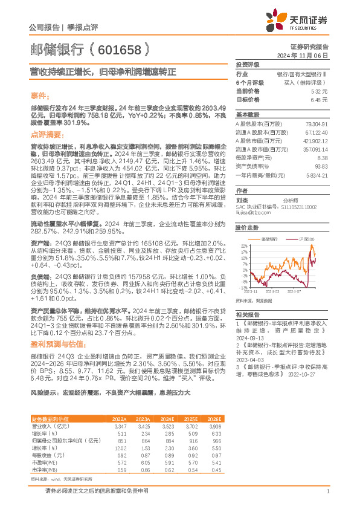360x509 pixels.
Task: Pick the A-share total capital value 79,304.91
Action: pyautogui.click(x=316, y=123)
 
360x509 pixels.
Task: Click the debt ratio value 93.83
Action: pyautogui.click(x=320, y=166)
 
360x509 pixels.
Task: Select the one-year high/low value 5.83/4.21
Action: pyautogui.click(x=316, y=174)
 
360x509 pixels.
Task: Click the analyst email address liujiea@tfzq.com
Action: pyautogui.click(x=249, y=212)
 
